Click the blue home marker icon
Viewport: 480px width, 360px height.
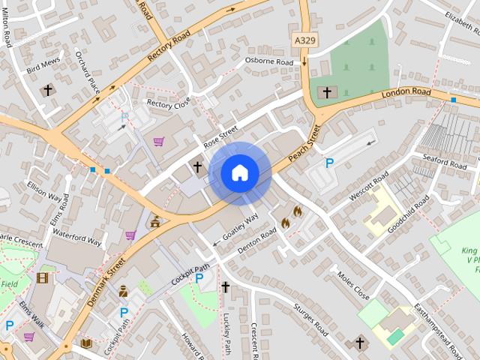pos(240,173)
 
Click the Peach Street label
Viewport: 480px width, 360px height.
pos(305,143)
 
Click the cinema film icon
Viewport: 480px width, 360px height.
pos(42,277)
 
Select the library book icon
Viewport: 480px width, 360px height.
pos(86,343)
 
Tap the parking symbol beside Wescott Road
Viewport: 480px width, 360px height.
pos(328,163)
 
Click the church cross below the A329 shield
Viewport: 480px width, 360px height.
pos(325,92)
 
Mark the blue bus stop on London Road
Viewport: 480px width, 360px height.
pos(453,99)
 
